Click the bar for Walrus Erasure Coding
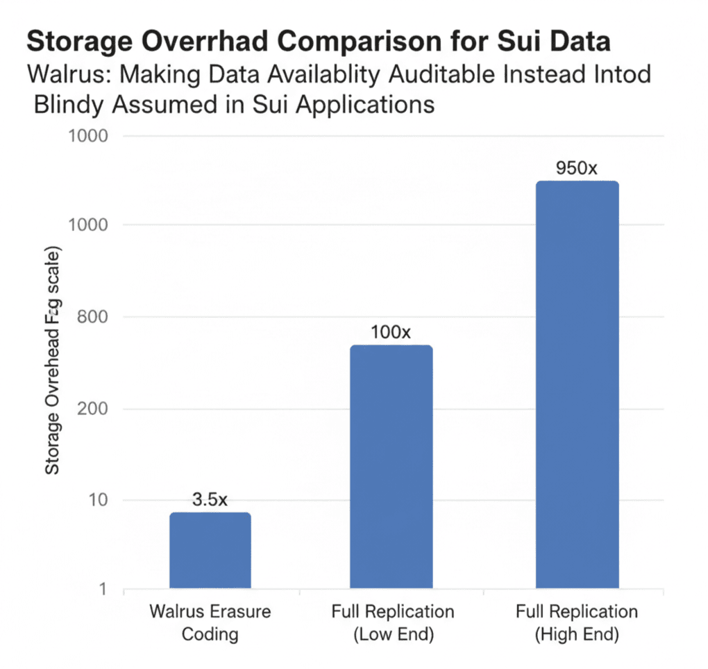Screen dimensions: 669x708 tap(210, 550)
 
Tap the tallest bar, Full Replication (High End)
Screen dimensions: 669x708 tap(577, 385)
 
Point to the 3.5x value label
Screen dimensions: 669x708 tap(210, 499)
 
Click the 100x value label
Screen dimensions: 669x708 tap(391, 332)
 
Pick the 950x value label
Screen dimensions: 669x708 tap(577, 168)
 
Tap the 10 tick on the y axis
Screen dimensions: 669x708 tap(100, 500)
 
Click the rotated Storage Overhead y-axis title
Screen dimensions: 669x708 tap(52, 361)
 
